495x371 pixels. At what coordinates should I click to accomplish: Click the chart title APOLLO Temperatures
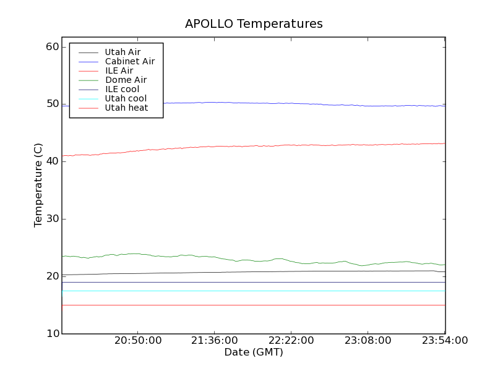tap(254, 24)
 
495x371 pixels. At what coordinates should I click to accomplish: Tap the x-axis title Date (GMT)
tap(254, 352)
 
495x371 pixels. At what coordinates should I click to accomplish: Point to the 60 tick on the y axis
tap(52, 47)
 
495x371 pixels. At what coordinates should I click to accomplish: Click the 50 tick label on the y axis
tap(52, 104)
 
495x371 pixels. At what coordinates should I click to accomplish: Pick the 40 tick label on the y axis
tap(52, 161)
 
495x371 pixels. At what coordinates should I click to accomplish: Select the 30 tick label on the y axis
tap(52, 219)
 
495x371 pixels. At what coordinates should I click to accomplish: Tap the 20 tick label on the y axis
tap(52, 276)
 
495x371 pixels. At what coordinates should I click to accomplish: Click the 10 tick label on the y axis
tap(52, 334)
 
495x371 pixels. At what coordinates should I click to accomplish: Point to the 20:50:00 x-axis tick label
tap(138, 341)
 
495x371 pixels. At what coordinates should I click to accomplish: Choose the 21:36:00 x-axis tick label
tap(214, 341)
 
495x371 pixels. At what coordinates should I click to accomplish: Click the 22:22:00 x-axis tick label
tap(291, 341)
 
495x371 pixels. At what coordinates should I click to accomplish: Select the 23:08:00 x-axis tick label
tap(368, 341)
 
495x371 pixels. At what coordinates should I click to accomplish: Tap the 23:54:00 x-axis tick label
tap(444, 341)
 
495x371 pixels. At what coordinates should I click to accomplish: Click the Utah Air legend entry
tap(123, 52)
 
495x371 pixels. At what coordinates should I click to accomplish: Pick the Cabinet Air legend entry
tap(130, 61)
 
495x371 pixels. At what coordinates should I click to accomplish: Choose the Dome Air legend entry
tap(126, 80)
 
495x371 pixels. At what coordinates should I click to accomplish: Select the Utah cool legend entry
tap(126, 98)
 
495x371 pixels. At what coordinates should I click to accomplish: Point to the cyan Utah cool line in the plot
tap(247, 291)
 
